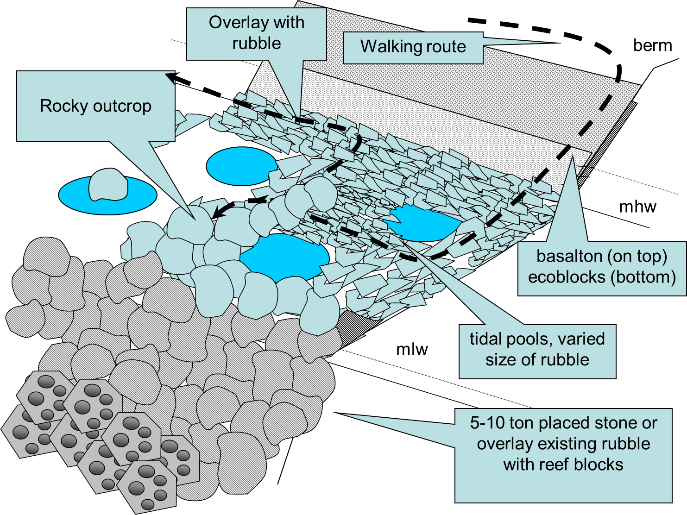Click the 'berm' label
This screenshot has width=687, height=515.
click(652, 46)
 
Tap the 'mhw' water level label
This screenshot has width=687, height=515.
click(637, 207)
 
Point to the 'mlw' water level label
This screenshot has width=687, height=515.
click(412, 349)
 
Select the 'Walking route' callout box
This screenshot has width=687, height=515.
click(413, 47)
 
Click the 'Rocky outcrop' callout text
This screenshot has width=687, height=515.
click(95, 106)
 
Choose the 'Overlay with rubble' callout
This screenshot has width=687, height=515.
click(256, 33)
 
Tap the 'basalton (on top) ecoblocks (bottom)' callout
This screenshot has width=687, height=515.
click(601, 267)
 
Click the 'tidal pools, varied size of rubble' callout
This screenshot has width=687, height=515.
click(537, 350)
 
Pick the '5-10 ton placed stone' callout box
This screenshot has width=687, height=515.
click(563, 444)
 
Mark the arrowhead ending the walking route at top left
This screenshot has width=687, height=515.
click(170, 77)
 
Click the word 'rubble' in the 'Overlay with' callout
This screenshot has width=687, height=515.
click(256, 44)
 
